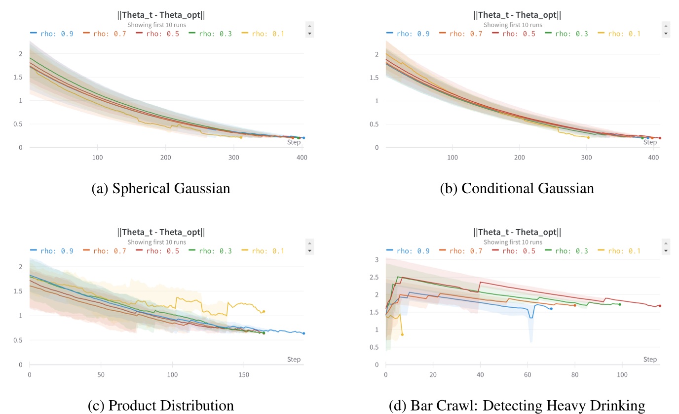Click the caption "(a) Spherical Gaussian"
pos(161,189)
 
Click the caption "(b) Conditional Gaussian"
pos(517,189)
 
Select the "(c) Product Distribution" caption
pos(160,406)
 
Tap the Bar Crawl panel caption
pos(517,406)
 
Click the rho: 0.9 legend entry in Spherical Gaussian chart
pos(52,34)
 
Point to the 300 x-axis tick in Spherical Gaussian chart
pos(234,158)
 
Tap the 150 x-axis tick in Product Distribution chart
pos(243,375)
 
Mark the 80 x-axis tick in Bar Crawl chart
pos(575,375)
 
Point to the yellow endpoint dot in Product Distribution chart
pos(264,311)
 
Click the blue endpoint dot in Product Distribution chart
pos(303,333)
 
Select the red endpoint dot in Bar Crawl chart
pos(660,306)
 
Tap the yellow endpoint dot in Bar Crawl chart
pos(402,334)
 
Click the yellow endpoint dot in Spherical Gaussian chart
pos(241,137)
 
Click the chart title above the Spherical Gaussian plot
pos(161,15)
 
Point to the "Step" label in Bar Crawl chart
pos(650,359)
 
